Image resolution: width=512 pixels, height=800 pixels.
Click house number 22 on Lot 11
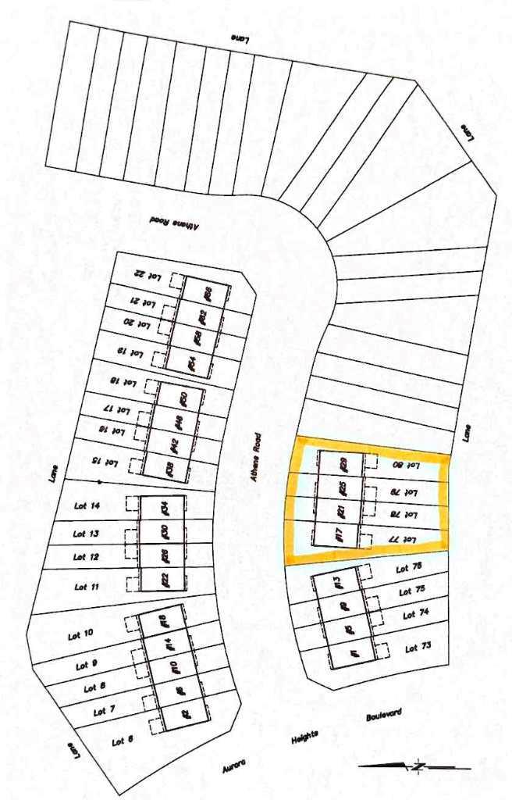[x=165, y=579]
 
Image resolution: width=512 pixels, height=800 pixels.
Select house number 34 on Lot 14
[x=165, y=507]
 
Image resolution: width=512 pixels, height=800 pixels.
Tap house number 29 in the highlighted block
[x=343, y=464]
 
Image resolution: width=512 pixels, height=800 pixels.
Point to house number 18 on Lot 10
[x=165, y=623]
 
